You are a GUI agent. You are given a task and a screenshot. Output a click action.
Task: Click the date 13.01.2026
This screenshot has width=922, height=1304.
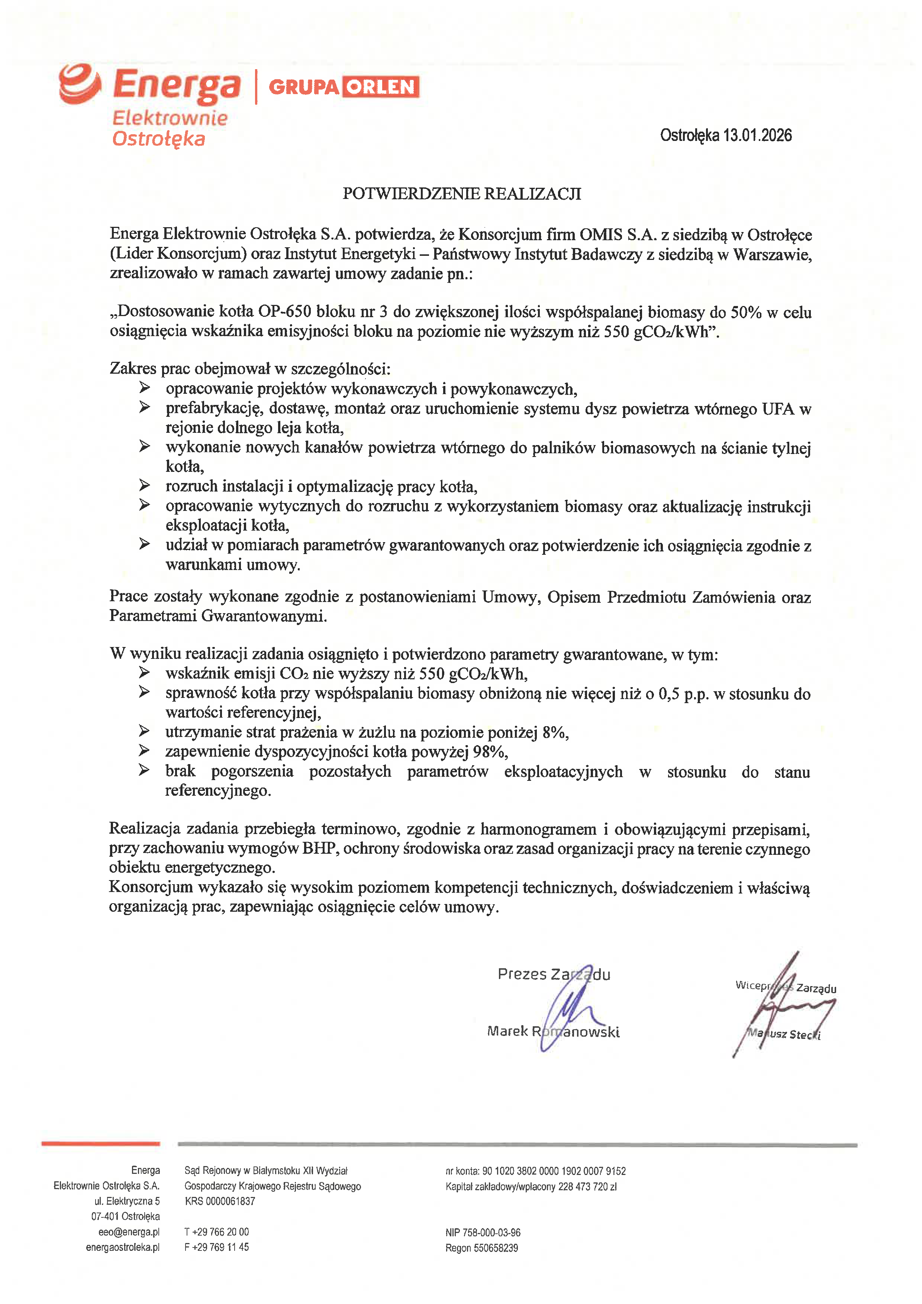tap(757, 135)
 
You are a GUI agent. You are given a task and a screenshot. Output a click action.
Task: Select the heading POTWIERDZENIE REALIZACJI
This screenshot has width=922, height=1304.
tap(462, 194)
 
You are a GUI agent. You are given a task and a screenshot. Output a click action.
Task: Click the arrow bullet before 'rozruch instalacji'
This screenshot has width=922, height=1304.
tap(145, 486)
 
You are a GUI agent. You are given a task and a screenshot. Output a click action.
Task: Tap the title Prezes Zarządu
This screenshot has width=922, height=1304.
tap(554, 975)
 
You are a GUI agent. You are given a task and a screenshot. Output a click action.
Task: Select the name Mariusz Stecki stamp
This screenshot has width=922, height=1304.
tap(784, 1034)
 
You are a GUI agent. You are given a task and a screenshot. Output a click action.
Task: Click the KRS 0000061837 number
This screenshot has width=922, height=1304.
tap(220, 1201)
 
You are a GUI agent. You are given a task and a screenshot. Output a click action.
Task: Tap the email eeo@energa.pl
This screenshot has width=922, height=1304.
tap(129, 1232)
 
